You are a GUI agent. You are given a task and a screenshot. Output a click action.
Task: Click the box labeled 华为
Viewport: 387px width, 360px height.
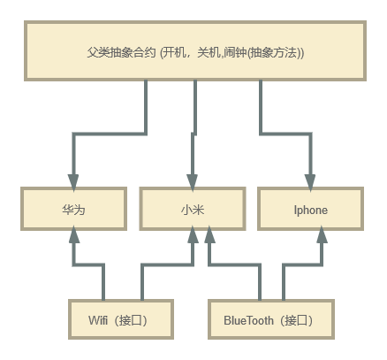coord(73,211)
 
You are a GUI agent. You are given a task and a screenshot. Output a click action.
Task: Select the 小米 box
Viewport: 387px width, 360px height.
coord(193,211)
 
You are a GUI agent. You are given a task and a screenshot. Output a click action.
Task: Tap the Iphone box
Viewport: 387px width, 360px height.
coord(310,211)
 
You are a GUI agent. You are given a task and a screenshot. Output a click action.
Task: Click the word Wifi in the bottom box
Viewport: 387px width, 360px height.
coord(99,319)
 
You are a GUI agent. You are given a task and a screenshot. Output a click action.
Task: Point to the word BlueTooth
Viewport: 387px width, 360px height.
coord(248,319)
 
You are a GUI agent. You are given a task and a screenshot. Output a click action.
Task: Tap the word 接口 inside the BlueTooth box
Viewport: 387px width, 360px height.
coord(295,319)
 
